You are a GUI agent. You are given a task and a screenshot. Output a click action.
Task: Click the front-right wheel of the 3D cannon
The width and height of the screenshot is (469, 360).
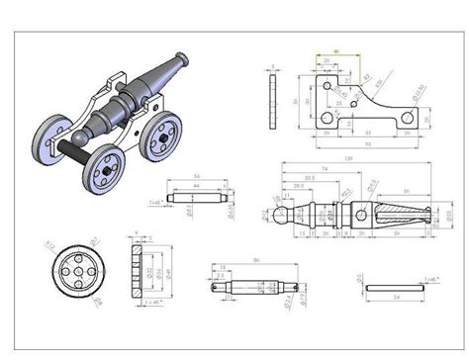[x=158, y=135]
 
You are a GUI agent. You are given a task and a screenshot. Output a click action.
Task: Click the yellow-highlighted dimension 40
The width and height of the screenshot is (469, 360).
[x=337, y=49]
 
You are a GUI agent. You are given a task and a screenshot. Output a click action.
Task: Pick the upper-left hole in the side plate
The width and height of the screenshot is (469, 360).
[x=328, y=86]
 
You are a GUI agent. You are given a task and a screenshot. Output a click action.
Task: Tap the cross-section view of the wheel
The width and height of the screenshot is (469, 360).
[x=136, y=269]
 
